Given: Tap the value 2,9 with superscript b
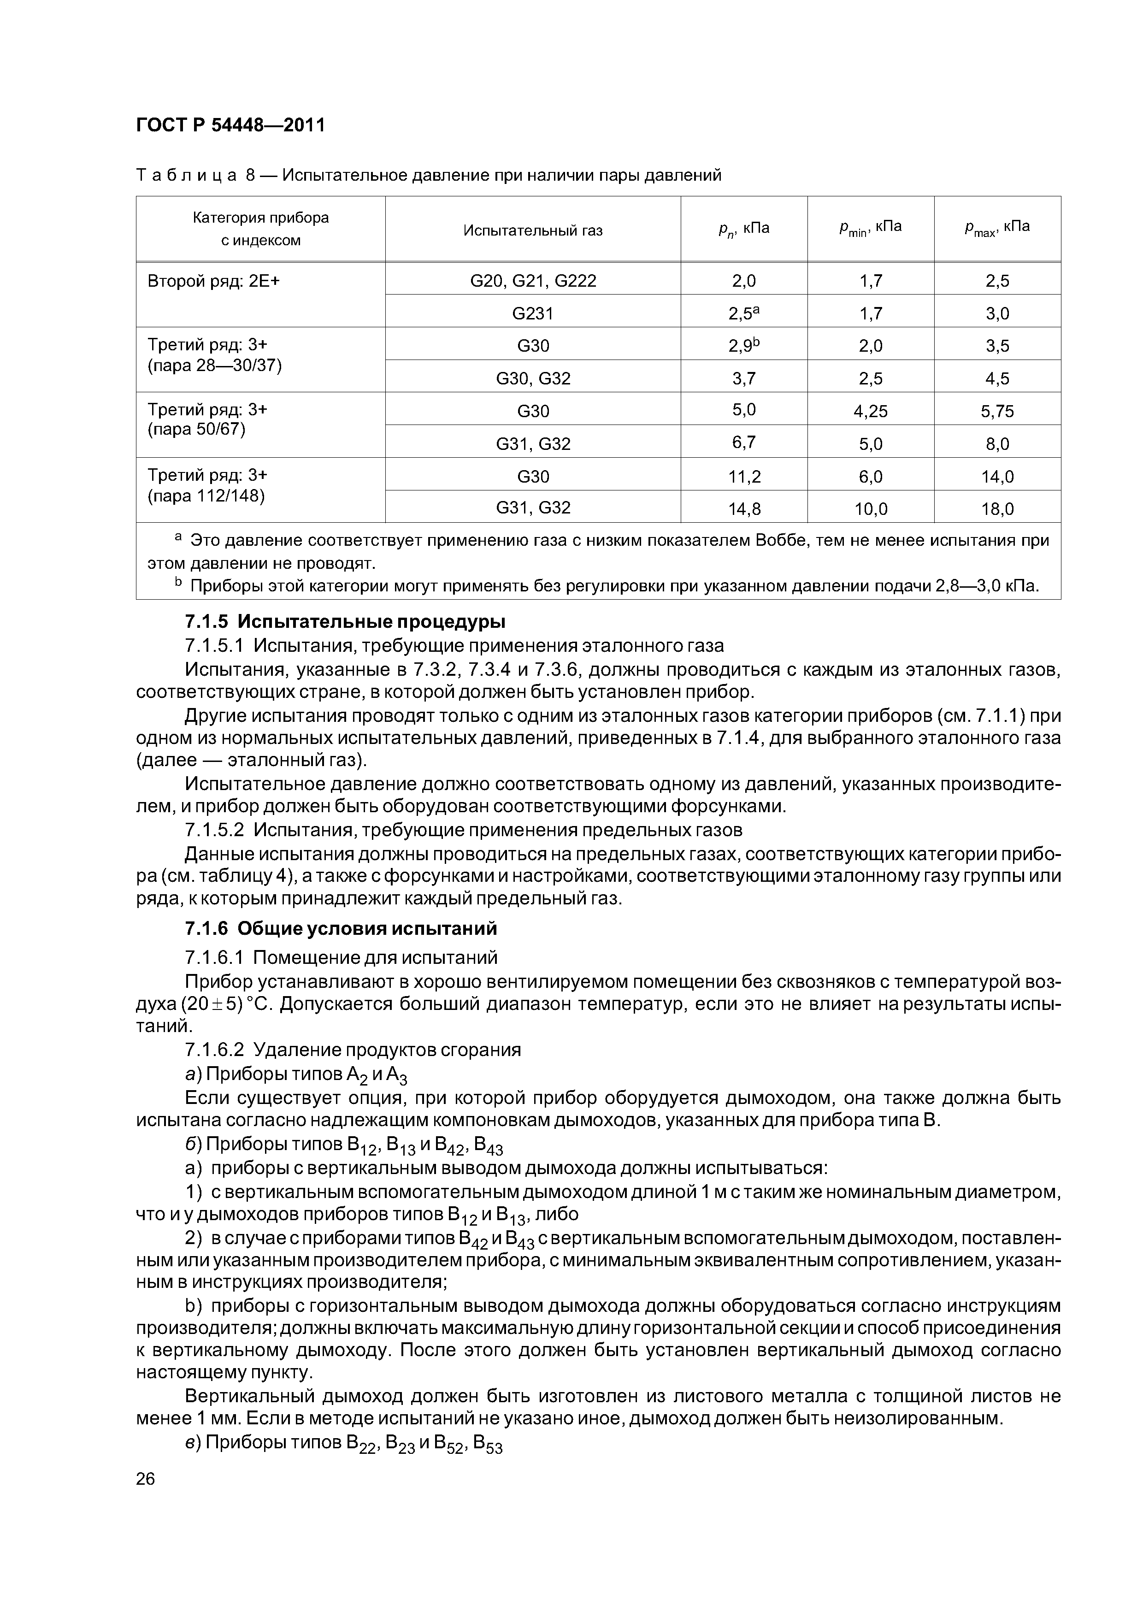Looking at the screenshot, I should [x=744, y=346].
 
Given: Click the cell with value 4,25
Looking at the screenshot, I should [x=871, y=411].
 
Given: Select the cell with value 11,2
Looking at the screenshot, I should [x=744, y=477].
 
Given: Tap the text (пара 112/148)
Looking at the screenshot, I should [x=206, y=496].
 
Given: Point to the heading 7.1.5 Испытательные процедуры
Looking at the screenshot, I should [x=345, y=622].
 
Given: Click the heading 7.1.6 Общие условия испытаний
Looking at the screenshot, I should [x=341, y=928].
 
